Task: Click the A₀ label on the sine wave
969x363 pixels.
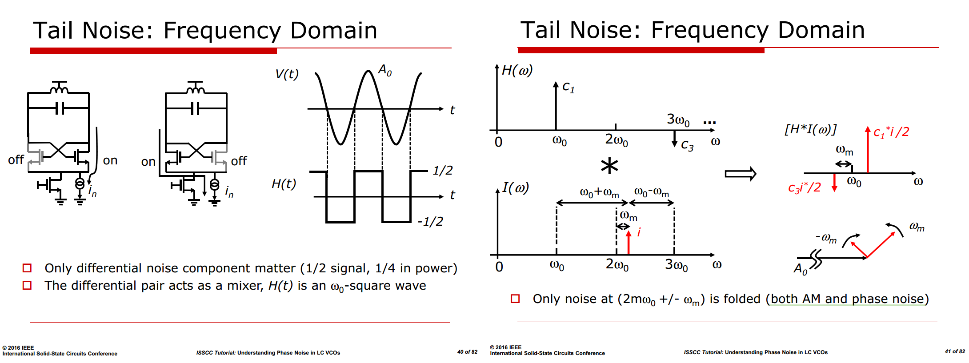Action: click(385, 70)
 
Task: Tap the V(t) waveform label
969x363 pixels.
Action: click(287, 74)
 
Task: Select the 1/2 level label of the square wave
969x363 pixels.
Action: click(443, 170)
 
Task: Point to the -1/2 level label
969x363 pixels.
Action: click(430, 221)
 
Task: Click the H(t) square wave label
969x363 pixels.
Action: click(284, 184)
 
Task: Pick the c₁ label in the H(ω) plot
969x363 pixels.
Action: click(569, 87)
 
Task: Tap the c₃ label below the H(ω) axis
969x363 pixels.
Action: click(687, 145)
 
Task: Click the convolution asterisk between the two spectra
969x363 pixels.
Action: click(609, 166)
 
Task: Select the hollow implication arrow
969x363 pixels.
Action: click(741, 174)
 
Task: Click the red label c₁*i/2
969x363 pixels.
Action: click(891, 132)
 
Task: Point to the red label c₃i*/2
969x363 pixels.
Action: click(805, 187)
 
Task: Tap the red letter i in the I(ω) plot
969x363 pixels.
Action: click(639, 232)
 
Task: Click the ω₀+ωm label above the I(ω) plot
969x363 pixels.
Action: click(599, 193)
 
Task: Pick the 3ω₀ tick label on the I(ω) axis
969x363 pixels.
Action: click(677, 265)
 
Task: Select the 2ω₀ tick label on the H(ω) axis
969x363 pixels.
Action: click(617, 140)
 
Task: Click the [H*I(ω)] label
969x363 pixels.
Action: click(810, 129)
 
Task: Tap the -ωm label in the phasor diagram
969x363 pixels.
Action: click(826, 238)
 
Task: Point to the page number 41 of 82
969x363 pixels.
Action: click(955, 351)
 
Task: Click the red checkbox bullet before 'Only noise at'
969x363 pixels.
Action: click(515, 299)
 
